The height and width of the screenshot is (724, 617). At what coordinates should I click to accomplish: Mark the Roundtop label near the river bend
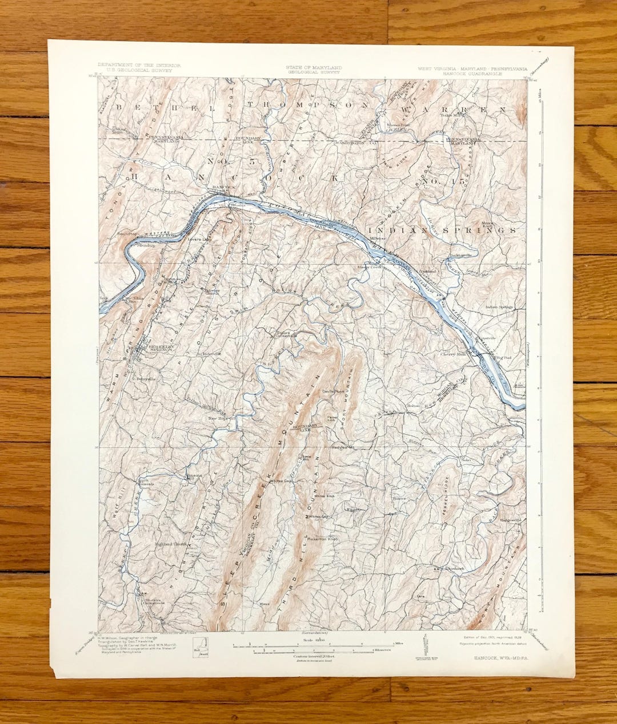127,234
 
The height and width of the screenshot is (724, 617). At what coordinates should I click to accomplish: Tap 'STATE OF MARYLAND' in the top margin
314,67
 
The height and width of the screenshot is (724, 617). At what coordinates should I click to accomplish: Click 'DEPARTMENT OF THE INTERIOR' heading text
139,66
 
